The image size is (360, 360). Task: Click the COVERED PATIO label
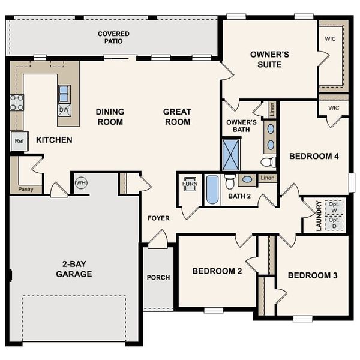click(113, 38)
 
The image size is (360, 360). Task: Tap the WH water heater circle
click(80, 182)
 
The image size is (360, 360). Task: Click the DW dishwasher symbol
click(64, 109)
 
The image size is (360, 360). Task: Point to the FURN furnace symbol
click(190, 184)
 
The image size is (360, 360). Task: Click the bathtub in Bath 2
click(212, 190)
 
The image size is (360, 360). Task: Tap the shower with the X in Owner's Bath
click(231, 154)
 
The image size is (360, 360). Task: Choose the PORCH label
click(158, 277)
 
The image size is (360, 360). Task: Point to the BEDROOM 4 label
click(314, 157)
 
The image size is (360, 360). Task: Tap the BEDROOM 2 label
click(217, 271)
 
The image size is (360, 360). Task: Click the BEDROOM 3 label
click(312, 275)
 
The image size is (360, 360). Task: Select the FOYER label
click(159, 218)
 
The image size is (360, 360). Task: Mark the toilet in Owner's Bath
click(268, 162)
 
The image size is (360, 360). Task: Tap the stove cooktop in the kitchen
click(16, 103)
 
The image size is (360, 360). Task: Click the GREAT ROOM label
click(177, 116)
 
